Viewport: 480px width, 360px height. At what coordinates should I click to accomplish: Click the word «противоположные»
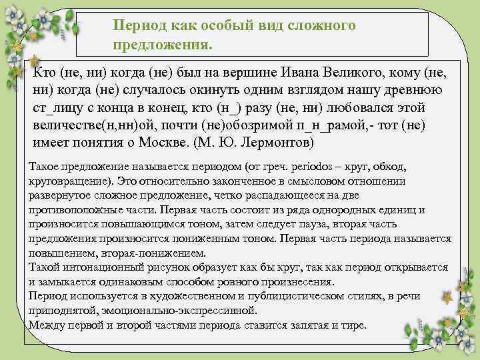tap(73, 210)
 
